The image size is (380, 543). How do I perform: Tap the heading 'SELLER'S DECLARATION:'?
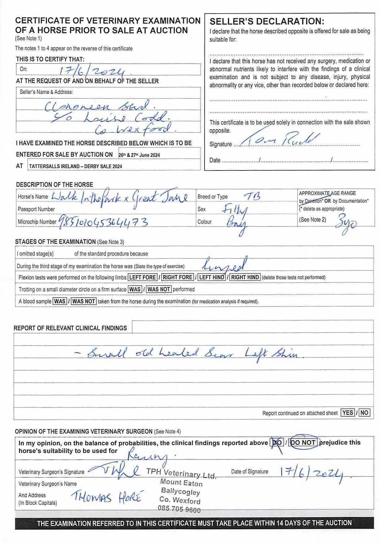pyautogui.click(x=267, y=22)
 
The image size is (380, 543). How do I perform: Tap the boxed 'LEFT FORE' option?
pyautogui.click(x=142, y=277)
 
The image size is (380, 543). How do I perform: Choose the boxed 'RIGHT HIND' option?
pyautogui.click(x=245, y=277)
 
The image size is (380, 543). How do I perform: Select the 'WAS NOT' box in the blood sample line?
pyautogui.click(x=84, y=301)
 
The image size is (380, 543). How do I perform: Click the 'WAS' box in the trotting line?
pyautogui.click(x=135, y=289)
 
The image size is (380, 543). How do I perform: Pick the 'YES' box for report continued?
pyautogui.click(x=348, y=412)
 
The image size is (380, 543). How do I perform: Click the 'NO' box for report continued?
pyautogui.click(x=364, y=412)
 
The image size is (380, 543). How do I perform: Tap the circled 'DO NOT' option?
pyautogui.click(x=303, y=442)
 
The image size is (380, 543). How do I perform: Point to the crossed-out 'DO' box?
pyautogui.click(x=277, y=443)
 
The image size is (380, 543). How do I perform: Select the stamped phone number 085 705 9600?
pyautogui.click(x=179, y=509)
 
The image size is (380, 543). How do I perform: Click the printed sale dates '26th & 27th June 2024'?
pyautogui.click(x=139, y=155)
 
